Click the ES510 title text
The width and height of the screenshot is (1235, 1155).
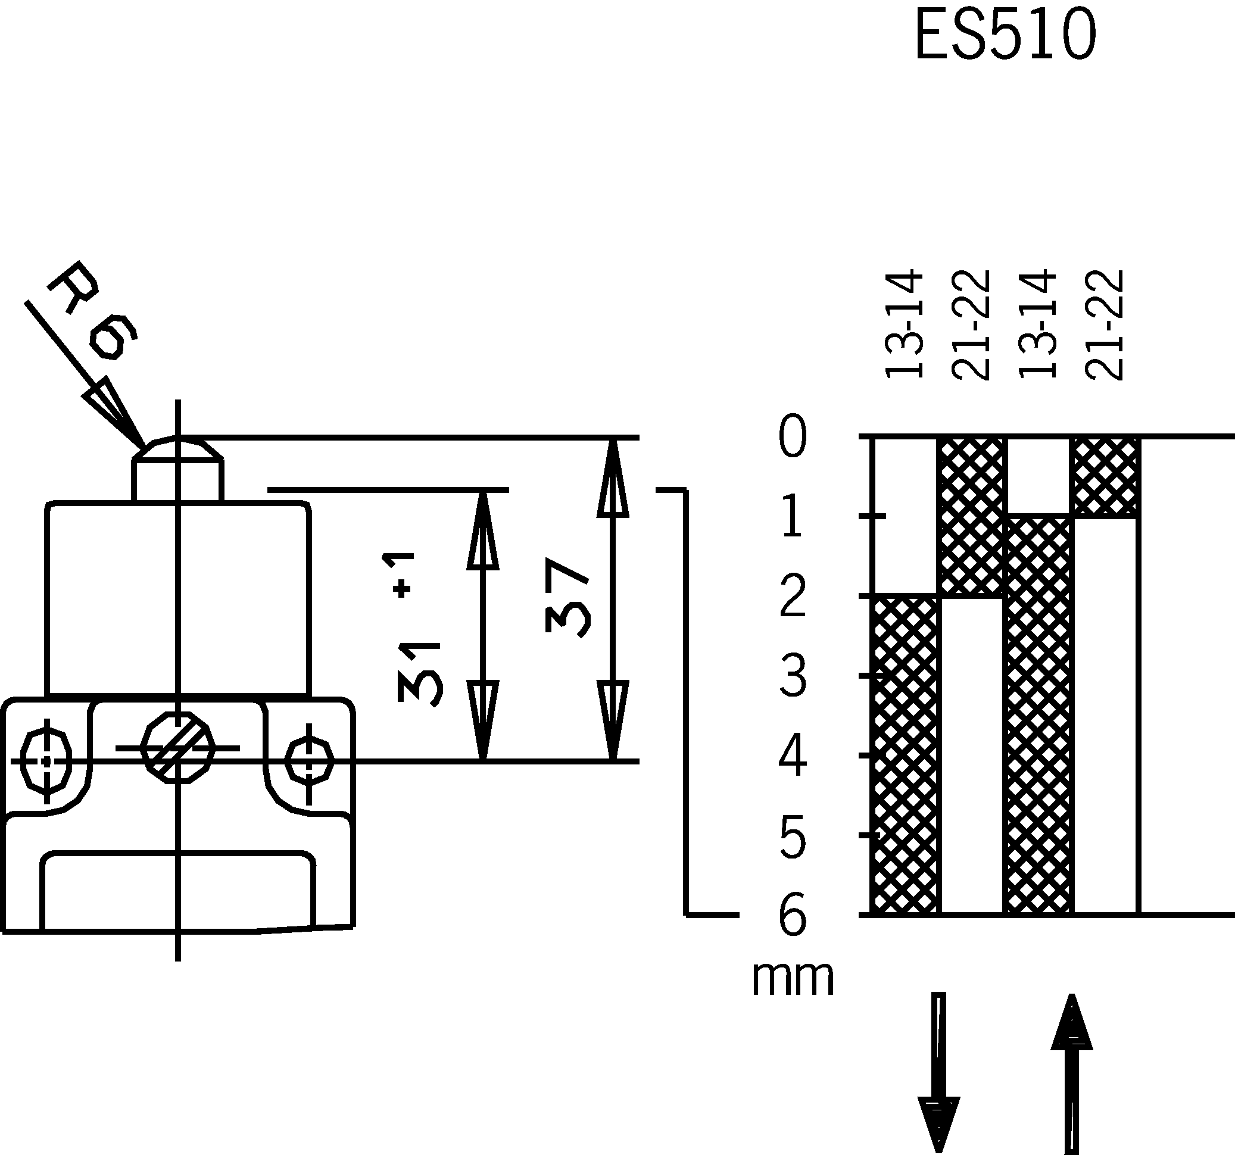pyautogui.click(x=1005, y=36)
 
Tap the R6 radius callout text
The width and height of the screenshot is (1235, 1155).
pyautogui.click(x=93, y=311)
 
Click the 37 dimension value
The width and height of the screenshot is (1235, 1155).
pyautogui.click(x=566, y=597)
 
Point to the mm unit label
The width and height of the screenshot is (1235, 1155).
pyautogui.click(x=793, y=979)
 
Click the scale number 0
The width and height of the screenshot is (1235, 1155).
pyautogui.click(x=793, y=437)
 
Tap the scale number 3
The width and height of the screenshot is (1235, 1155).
pyautogui.click(x=793, y=676)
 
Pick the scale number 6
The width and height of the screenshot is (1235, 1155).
pyautogui.click(x=793, y=915)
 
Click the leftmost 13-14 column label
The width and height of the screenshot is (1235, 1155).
pyautogui.click(x=905, y=324)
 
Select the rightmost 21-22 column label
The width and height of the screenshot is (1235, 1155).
pyautogui.click(x=1105, y=324)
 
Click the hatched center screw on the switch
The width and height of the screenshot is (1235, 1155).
pyautogui.click(x=177, y=748)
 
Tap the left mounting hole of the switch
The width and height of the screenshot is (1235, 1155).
pyautogui.click(x=46, y=761)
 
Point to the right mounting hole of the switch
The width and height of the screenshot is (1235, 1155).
pyautogui.click(x=310, y=760)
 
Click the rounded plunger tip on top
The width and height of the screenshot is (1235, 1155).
pyautogui.click(x=177, y=448)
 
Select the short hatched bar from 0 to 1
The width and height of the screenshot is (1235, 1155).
pyautogui.click(x=1105, y=477)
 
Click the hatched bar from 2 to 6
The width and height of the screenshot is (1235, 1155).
pyautogui.click(x=905, y=754)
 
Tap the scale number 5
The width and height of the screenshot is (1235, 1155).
pyautogui.click(x=793, y=837)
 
